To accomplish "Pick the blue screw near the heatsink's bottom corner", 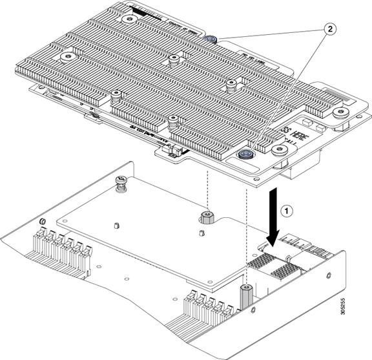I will click(x=245, y=154).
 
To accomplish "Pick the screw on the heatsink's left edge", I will click(x=66, y=58).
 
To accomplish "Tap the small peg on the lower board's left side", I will click(x=116, y=226).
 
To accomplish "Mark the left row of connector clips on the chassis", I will click(x=62, y=249).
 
